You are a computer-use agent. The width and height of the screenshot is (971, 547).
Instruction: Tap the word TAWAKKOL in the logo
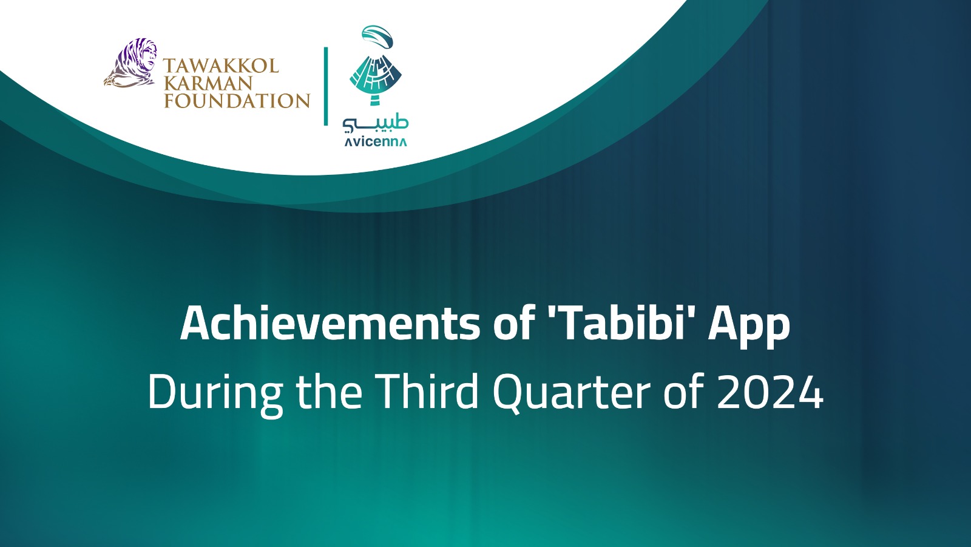pyautogui.click(x=221, y=66)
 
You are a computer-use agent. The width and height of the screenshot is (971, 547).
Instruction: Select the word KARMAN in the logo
pyautogui.click(x=208, y=83)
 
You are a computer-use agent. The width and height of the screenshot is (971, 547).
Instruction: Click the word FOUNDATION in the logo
pyautogui.click(x=237, y=101)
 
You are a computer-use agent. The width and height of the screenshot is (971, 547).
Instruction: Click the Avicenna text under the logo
pyautogui.click(x=376, y=142)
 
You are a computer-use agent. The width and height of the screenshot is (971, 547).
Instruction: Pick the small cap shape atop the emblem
pyautogui.click(x=377, y=36)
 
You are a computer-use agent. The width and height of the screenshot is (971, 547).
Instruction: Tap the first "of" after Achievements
pyautogui.click(x=513, y=324)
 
